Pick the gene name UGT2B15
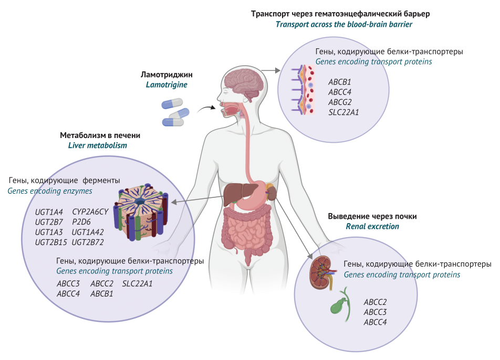tap(50, 242)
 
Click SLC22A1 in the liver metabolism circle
tap(138, 283)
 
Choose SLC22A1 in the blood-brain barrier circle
tap(344, 112)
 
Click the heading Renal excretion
tap(372, 226)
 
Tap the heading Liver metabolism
tap(98, 145)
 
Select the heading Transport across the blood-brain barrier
tap(344, 24)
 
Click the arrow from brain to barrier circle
tap(271, 70)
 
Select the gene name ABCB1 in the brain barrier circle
tap(339, 82)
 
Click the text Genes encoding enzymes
tap(49, 191)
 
